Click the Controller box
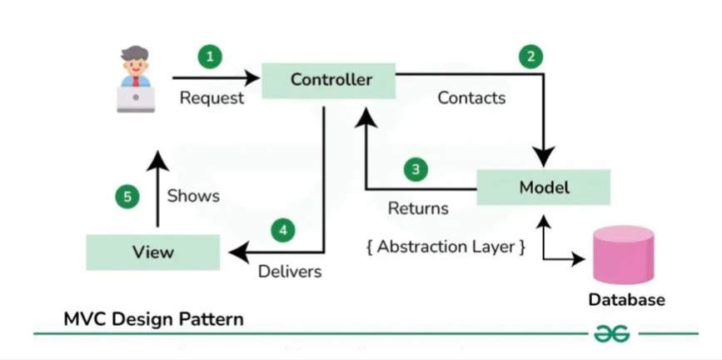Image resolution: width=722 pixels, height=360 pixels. pos(331,80)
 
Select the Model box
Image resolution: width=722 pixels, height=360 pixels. pos(543,187)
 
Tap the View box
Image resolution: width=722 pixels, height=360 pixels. pos(152,252)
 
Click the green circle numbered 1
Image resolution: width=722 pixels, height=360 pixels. pos(210,57)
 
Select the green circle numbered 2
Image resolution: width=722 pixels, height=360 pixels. pos(530,57)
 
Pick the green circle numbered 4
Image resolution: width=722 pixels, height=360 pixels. pos(284,230)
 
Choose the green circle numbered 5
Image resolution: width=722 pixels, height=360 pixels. pos(127,197)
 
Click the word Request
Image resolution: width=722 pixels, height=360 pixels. pos(212,98)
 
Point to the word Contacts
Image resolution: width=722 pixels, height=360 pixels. pos(471,98)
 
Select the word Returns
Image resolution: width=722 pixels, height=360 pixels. pos(418,208)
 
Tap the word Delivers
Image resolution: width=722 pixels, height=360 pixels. pos(289,272)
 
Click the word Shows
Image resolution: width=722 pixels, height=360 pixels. pos(193,197)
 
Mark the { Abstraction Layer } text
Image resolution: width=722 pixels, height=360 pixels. pos(446,247)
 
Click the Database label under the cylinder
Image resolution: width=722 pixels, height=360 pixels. pos(626,300)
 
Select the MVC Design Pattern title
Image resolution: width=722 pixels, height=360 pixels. pos(154,319)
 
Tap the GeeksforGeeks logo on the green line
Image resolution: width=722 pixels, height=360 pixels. pos(611,333)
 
